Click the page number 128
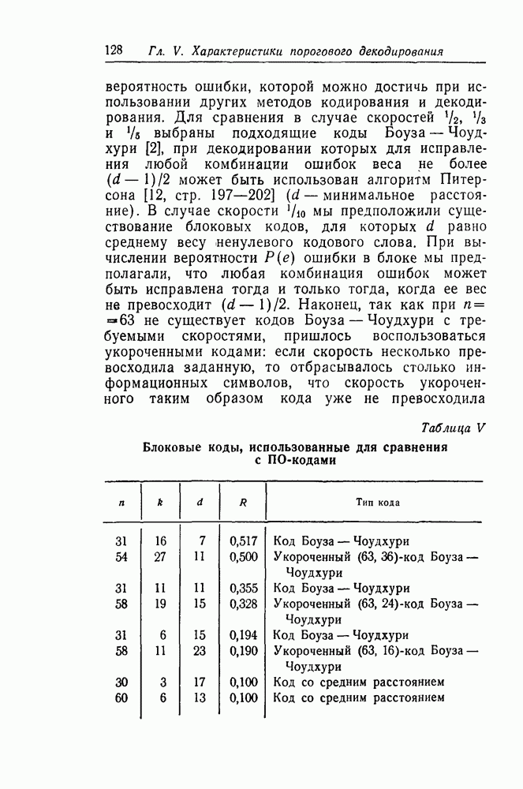(x=114, y=50)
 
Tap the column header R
(x=244, y=502)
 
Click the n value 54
(x=121, y=557)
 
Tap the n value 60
(x=121, y=697)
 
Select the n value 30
(x=121, y=682)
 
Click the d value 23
(x=199, y=651)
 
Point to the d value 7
(x=202, y=541)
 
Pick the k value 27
(x=160, y=557)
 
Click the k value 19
(x=160, y=604)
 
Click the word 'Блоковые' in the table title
(x=173, y=447)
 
